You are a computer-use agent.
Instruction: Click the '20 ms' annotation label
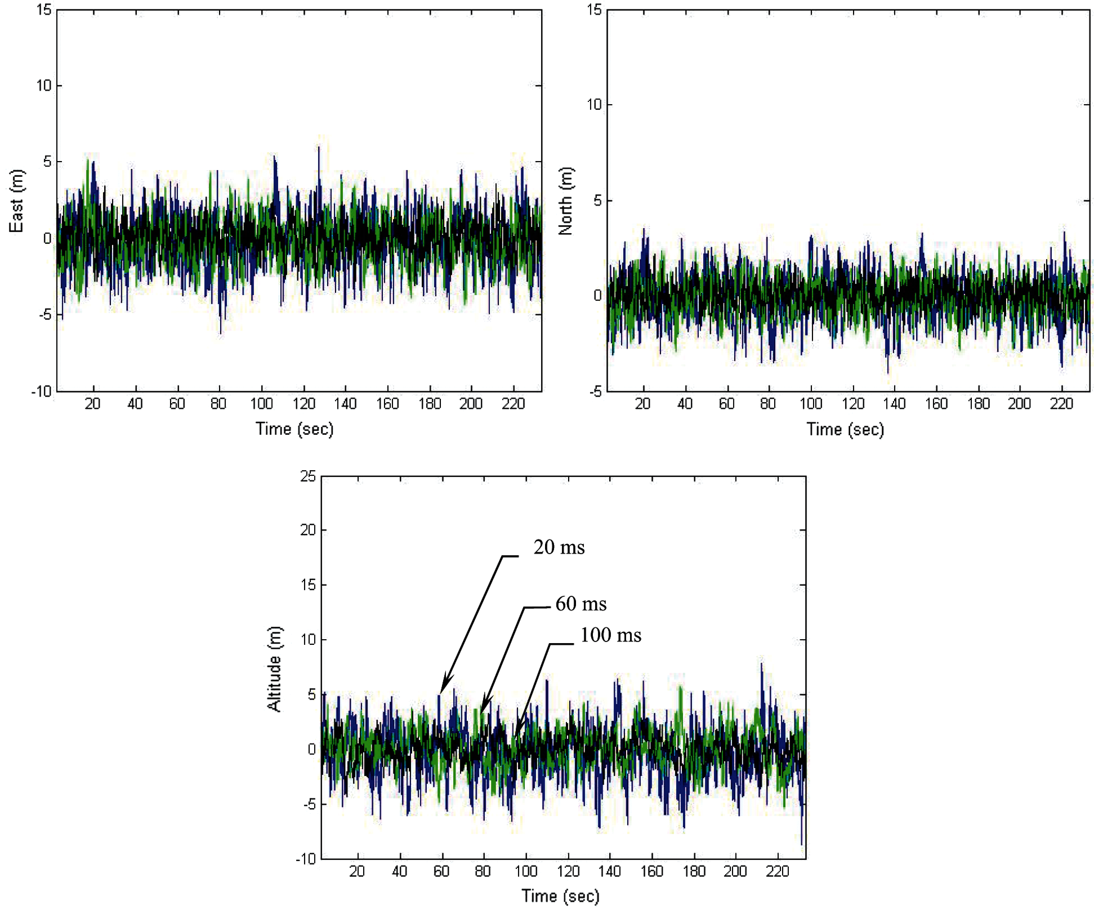[559, 548]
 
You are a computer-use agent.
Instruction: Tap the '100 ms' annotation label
[611, 635]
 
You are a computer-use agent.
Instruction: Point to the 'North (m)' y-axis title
[566, 201]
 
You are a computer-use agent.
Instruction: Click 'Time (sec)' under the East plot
[294, 429]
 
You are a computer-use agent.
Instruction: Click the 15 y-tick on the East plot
[44, 10]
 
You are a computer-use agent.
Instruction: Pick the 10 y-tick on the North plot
[594, 105]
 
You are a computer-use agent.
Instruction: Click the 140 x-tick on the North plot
[894, 404]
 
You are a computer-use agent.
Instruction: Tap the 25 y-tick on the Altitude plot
[308, 476]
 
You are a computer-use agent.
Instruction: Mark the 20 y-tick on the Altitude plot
[308, 530]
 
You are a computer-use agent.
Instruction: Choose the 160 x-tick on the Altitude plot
[652, 871]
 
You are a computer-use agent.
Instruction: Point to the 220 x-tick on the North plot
[1061, 404]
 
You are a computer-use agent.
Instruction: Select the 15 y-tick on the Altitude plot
[308, 585]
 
